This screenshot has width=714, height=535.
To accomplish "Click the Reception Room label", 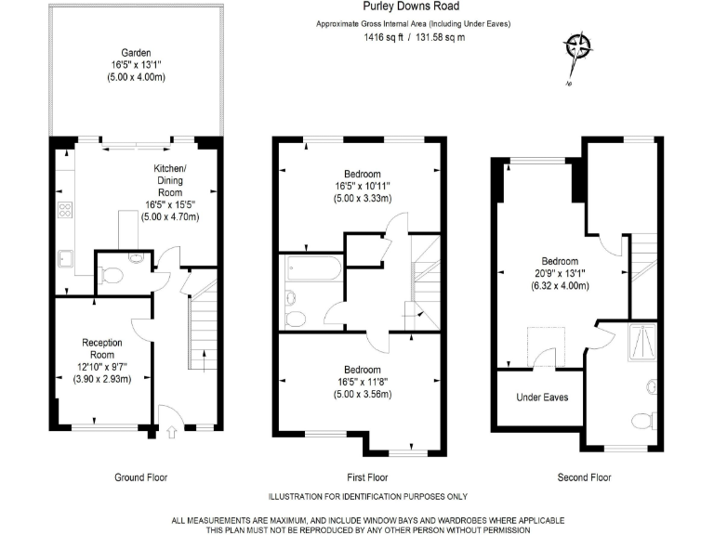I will pos(102,348).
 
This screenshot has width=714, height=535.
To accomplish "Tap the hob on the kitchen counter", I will pos(66,210).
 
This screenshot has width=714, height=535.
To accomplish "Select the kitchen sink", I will pos(66,257).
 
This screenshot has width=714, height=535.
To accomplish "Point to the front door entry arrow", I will pos(171,431).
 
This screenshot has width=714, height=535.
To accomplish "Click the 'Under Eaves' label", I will pos(542,398).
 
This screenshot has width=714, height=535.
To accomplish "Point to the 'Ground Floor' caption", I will pos(140,477).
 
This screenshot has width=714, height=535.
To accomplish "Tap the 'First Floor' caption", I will pos(367,477).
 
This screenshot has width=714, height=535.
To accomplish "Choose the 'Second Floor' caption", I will pos(585,477).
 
